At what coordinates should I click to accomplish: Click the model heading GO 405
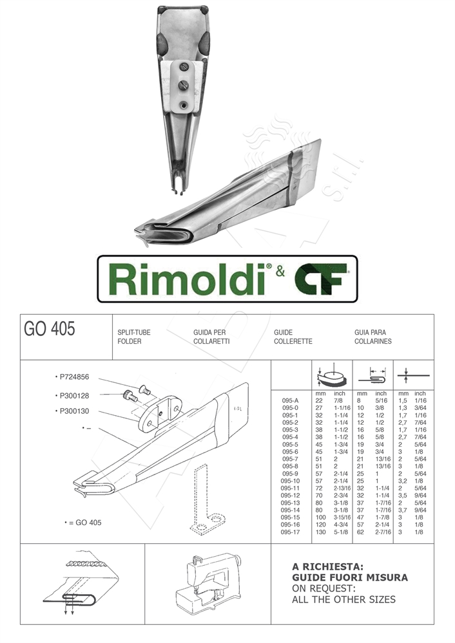coord(50,330)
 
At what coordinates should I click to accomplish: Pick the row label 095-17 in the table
coord(291,532)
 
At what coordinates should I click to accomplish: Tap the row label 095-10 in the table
coord(291,480)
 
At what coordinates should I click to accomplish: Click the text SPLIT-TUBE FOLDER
coord(134,337)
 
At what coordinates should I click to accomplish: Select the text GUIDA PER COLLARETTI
coord(211,337)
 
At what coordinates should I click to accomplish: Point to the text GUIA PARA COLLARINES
coord(373,337)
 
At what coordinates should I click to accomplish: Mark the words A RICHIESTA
coord(328,567)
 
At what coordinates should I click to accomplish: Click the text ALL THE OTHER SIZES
coord(344,599)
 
